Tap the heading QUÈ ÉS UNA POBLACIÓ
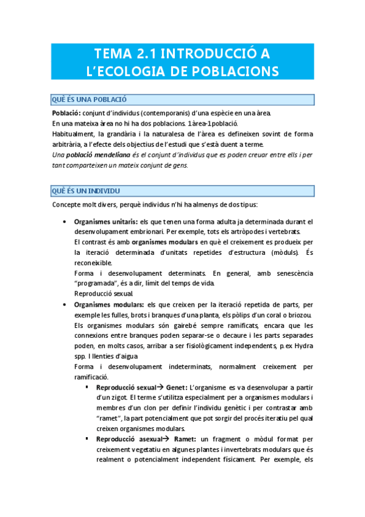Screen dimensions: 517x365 click(89, 99)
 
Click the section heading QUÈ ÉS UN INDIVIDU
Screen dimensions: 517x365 click(86, 191)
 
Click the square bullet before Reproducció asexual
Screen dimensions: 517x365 click(88, 438)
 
